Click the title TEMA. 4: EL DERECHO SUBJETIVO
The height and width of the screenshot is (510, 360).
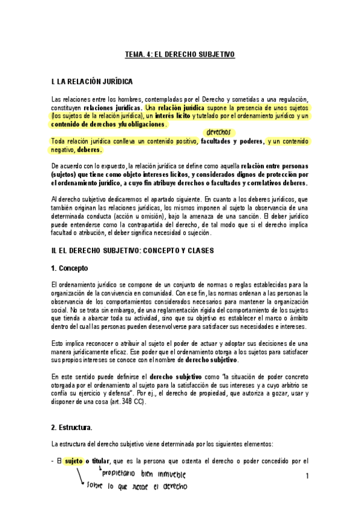click(x=179, y=54)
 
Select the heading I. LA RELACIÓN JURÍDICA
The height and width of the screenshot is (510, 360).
click(x=93, y=81)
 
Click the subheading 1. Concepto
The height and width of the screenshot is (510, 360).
click(x=71, y=266)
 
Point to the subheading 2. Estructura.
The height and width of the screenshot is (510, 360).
click(x=72, y=428)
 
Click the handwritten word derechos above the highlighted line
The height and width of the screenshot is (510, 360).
click(x=218, y=132)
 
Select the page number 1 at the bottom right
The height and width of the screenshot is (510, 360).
click(x=307, y=477)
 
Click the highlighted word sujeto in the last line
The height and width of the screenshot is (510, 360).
click(x=74, y=461)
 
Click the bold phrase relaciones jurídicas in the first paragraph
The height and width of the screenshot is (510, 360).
click(x=109, y=107)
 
